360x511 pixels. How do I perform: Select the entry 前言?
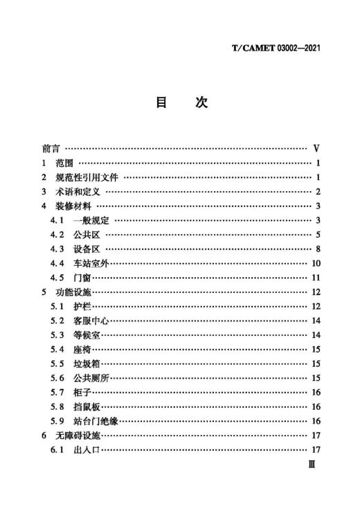51,149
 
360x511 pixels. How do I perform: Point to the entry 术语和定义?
78,192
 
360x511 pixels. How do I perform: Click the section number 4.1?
57,221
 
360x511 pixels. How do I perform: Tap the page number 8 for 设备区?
316,249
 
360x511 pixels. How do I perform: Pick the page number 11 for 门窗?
315,278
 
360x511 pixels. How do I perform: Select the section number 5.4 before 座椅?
57,350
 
